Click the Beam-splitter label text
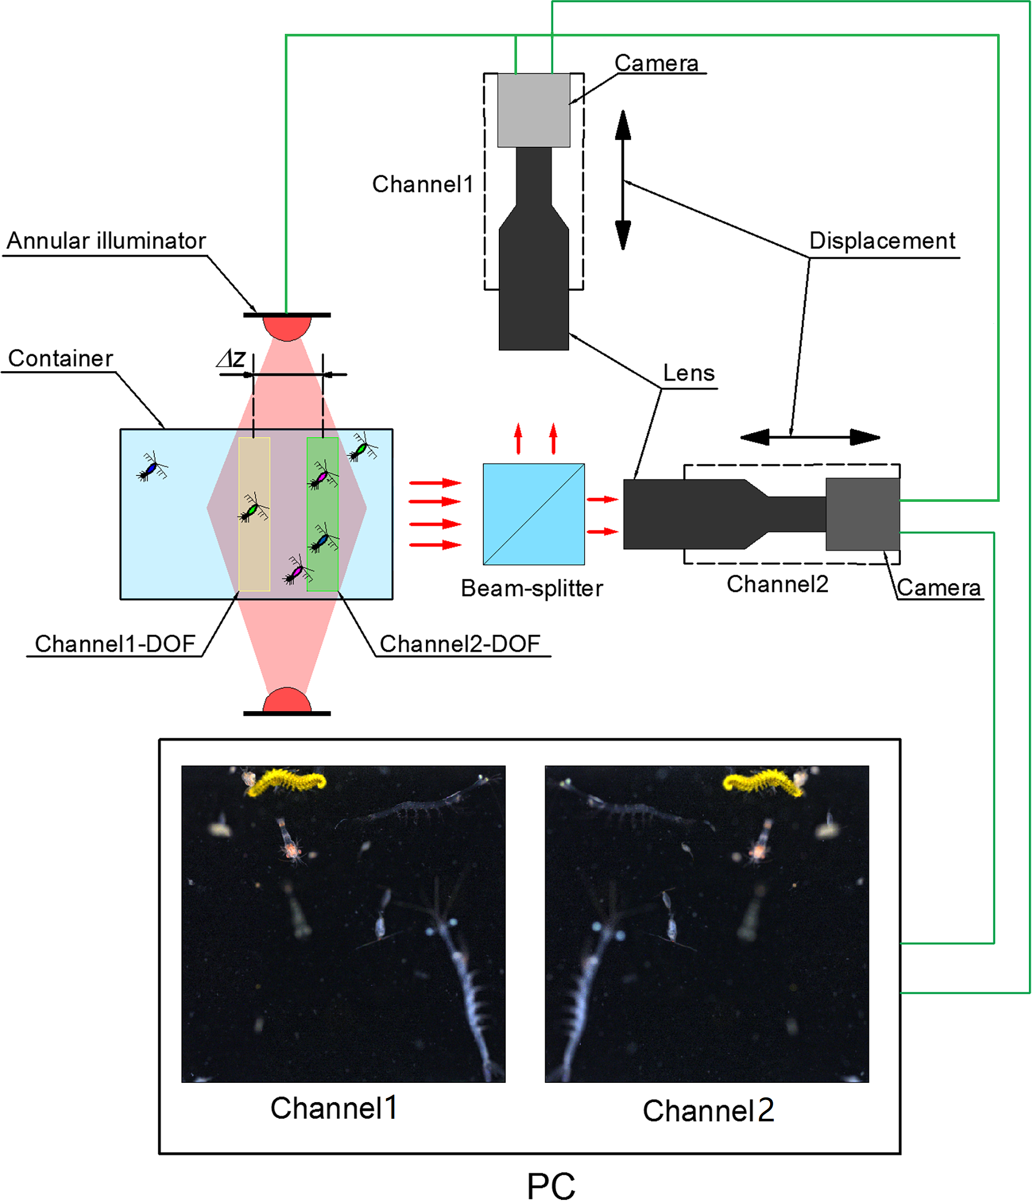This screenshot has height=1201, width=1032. [x=532, y=588]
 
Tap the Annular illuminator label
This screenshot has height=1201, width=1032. [x=106, y=241]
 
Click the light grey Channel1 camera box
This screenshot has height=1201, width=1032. [x=533, y=110]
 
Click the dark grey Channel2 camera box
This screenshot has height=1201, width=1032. [x=862, y=513]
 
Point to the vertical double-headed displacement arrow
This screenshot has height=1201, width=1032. [x=623, y=180]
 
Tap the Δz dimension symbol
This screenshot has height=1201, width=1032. [x=231, y=359]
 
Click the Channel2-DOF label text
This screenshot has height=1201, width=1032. [x=459, y=643]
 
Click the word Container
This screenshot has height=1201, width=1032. [x=60, y=358]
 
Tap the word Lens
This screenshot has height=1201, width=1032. [x=688, y=373]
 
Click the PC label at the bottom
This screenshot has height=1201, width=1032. [x=550, y=1185]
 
